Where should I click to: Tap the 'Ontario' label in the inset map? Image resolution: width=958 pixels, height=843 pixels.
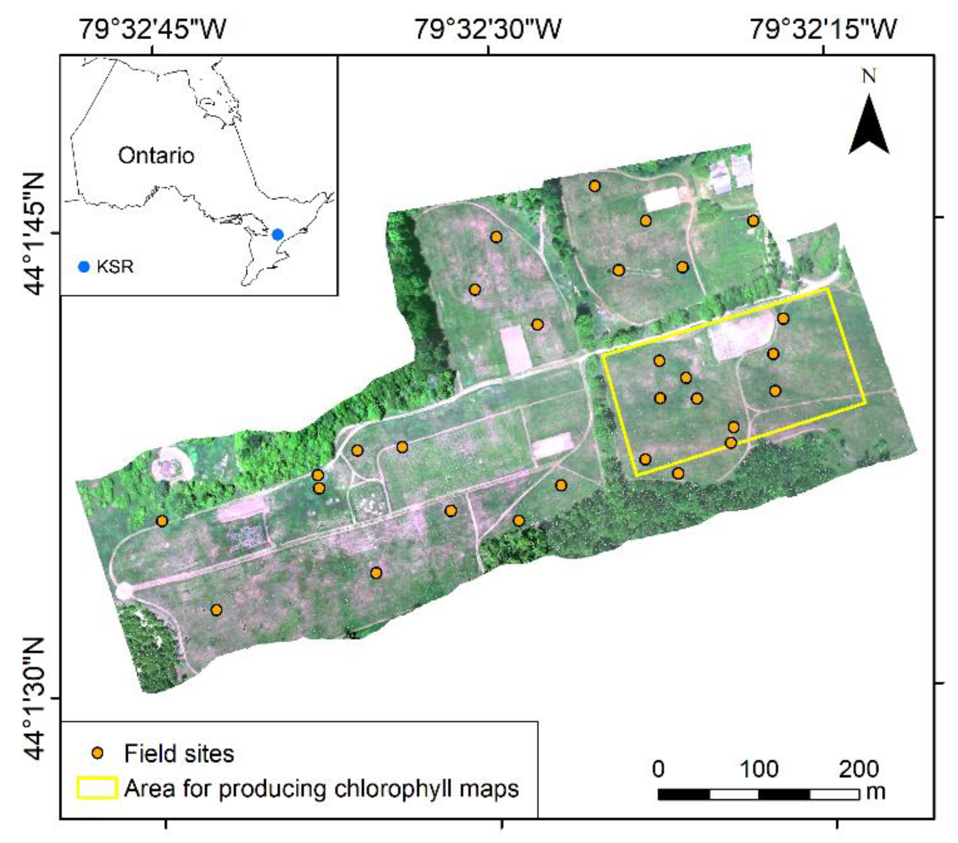[x=156, y=156]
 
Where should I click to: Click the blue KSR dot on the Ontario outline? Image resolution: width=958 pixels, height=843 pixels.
[x=278, y=234]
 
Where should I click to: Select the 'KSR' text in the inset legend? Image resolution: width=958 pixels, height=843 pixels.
[x=115, y=267]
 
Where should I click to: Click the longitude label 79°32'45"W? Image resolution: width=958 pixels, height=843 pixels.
[x=152, y=29]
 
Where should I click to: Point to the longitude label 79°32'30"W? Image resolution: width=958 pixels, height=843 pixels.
[x=488, y=29]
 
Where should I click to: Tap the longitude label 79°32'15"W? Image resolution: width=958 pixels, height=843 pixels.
[x=823, y=29]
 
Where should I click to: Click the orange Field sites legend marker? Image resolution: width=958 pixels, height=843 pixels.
[x=97, y=754]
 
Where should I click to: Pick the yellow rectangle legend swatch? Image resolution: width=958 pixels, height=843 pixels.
[x=97, y=788]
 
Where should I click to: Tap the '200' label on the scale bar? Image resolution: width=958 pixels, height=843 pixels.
[x=858, y=769]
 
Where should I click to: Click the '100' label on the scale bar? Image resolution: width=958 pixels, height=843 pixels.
[x=759, y=769]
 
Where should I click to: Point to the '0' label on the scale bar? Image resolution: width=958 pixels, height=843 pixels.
[x=658, y=769]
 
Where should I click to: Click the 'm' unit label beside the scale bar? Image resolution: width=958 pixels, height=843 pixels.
[x=875, y=791]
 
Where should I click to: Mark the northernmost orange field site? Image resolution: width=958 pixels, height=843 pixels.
[x=594, y=186]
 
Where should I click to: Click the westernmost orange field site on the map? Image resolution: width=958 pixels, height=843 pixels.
[x=162, y=521]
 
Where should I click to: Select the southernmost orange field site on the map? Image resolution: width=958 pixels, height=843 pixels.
[x=216, y=610]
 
